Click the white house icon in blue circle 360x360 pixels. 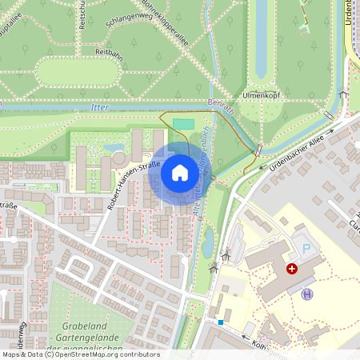coord(180,173)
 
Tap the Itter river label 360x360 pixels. coord(100,106)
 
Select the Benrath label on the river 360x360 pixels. coord(222,106)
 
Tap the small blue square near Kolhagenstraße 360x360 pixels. coord(221,322)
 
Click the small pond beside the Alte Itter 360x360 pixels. coord(208,238)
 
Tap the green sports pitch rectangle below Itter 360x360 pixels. coord(183,124)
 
